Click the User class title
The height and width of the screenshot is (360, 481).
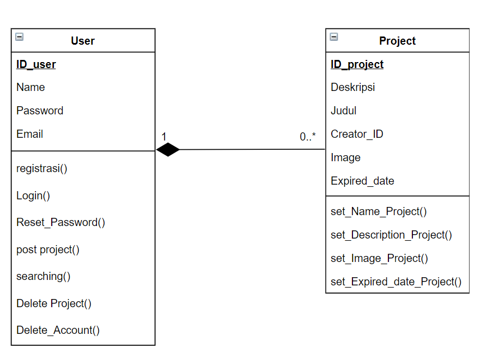coord(83,41)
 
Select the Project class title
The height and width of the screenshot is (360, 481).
coord(397,41)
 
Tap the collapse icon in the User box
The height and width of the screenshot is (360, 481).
coord(20,37)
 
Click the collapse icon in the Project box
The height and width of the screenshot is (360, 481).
coord(334,37)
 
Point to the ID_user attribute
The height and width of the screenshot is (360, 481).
coord(36,65)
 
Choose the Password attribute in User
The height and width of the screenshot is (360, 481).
coord(40,111)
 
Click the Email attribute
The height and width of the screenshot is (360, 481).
coord(29,134)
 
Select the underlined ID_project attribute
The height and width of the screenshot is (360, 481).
coord(357,65)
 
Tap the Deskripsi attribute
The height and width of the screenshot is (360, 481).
coord(352,87)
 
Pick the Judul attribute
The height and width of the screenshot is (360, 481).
coord(343,111)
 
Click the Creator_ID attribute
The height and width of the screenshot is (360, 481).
coord(357,134)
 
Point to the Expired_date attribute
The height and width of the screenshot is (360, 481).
coord(362,181)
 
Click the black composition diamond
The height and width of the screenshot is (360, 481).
coord(168,149)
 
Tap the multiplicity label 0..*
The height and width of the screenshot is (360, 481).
coord(308,137)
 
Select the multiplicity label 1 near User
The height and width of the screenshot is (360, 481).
coord(164,137)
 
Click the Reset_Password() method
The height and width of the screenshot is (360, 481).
coord(60,222)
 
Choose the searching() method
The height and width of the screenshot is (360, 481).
coord(44,276)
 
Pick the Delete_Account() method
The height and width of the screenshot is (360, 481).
coord(58,330)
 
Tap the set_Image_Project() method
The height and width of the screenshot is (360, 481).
coord(379,258)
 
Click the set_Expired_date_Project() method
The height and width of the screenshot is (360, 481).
coord(396,282)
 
